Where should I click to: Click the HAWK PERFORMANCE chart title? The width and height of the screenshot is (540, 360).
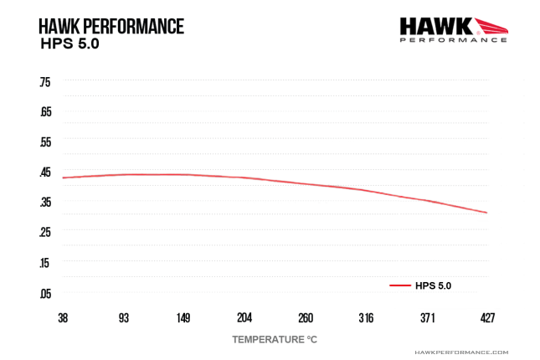111,26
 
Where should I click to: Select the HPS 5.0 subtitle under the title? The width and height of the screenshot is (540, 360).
69,44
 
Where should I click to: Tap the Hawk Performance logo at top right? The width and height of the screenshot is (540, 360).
453,29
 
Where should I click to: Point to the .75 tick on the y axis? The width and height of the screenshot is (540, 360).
45,82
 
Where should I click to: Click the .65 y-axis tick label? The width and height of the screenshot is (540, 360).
45,112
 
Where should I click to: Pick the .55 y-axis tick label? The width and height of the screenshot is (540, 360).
45,142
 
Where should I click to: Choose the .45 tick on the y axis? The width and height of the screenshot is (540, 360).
45,172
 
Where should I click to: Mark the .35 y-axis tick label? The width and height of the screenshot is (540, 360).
45,203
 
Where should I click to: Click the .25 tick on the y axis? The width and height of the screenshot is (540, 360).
45,233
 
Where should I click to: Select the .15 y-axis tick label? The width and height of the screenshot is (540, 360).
45,263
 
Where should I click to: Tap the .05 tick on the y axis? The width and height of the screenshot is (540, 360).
45,293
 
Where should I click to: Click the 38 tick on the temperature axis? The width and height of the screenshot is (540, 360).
64,318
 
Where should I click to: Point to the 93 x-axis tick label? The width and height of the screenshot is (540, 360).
124,318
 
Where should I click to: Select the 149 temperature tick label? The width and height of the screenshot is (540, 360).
183,318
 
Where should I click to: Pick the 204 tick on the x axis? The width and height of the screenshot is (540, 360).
244,318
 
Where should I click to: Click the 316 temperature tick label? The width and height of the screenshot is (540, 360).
366,318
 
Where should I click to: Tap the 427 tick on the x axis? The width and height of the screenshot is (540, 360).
487,318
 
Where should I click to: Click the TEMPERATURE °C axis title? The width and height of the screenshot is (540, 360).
275,340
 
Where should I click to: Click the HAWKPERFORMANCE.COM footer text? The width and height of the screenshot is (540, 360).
461,353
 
